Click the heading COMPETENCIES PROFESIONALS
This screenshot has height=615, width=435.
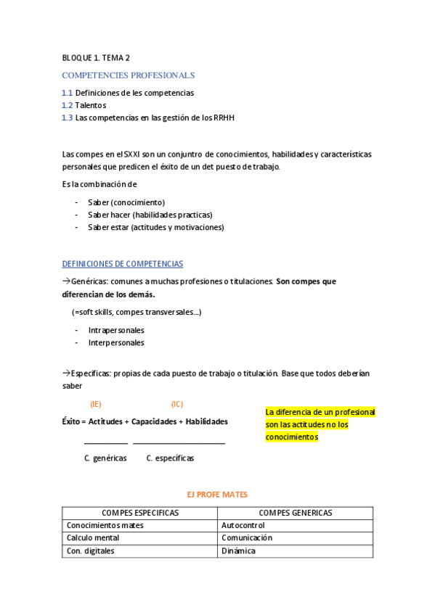129,75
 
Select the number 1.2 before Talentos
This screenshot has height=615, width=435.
67,105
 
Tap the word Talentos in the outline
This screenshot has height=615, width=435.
91,105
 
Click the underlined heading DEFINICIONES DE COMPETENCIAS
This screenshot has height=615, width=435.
123,264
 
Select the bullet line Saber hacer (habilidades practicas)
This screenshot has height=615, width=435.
150,215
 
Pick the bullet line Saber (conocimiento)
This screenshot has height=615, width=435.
126,202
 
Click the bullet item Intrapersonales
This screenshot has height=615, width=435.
116,330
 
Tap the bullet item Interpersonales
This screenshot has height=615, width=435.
116,342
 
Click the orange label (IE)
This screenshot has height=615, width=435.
95,404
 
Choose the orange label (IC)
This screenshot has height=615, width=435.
177,404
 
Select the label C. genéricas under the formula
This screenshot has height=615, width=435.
105,458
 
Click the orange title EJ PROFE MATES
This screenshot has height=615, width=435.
217,495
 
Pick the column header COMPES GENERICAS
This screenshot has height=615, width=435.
295,513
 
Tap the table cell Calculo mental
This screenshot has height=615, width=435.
93,538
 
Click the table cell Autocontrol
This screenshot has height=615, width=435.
243,525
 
